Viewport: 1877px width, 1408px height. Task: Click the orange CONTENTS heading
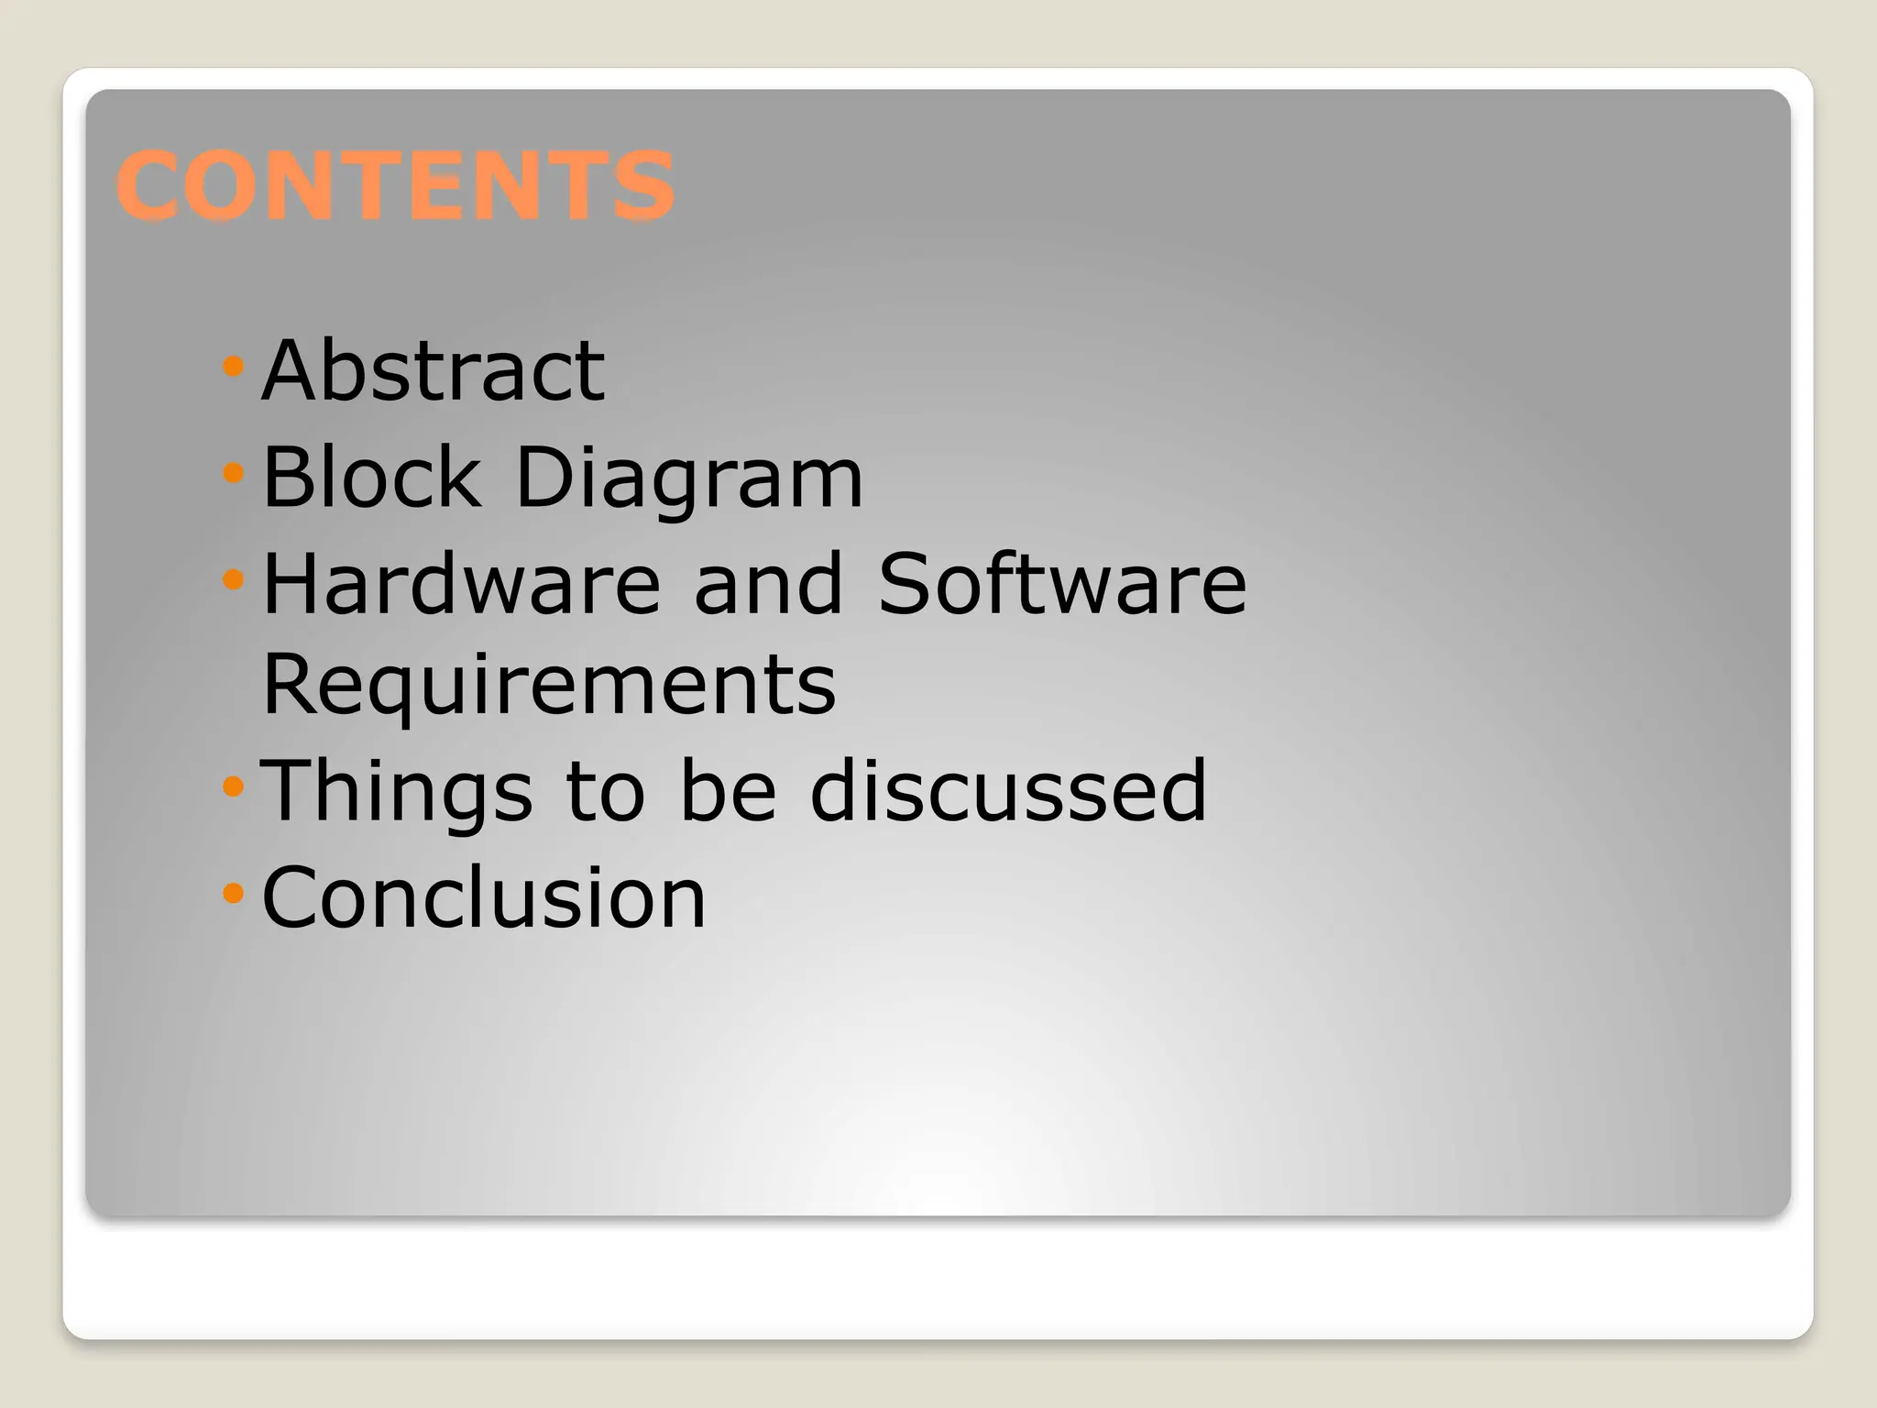395,186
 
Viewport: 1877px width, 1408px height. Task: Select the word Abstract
433,370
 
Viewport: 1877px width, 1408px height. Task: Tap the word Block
371,477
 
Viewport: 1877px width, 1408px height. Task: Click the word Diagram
689,478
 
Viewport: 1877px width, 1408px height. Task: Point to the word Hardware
461,584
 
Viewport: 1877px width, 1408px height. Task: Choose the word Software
1062,584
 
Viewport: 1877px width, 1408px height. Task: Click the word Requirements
549,686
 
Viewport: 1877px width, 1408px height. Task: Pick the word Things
396,792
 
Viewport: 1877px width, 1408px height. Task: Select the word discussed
1008,790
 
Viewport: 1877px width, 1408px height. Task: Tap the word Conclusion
484,897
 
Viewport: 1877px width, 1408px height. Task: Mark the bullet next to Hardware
233,579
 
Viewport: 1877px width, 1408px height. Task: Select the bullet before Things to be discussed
233,786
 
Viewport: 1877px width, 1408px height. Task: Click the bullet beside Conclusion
233,892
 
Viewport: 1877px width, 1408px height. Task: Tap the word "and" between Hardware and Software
768,584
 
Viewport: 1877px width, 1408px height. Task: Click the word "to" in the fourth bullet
606,792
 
